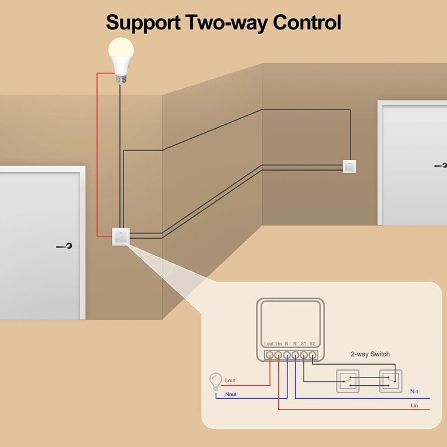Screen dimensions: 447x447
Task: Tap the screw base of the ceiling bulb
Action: coord(121,78)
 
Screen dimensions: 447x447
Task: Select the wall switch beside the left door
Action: coord(120,236)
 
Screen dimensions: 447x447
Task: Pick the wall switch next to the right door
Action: coord(349,166)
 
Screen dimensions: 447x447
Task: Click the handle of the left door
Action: coord(65,246)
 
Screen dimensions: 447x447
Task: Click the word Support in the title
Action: coord(142,22)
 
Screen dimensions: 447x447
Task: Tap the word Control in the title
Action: coord(307,22)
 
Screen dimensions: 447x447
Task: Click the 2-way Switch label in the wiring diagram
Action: coord(370,354)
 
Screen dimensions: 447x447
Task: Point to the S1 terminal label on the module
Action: coord(303,343)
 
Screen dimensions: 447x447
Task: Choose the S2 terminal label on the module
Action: coord(312,343)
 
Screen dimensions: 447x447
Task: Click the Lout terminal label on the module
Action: coord(269,343)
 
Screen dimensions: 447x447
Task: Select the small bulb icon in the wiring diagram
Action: coord(216,382)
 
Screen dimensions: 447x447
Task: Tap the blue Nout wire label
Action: coord(231,394)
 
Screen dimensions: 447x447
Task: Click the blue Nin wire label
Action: coord(414,391)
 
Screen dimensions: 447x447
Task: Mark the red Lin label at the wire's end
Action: coord(414,406)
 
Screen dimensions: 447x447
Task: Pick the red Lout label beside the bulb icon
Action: coord(230,381)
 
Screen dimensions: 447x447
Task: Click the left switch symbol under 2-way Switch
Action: coord(347,381)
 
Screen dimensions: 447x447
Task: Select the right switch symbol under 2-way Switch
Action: coord(391,381)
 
